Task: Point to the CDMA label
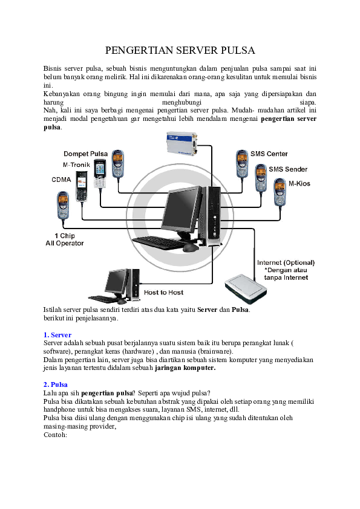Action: [61, 180]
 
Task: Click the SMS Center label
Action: [269, 154]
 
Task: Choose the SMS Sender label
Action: [287, 169]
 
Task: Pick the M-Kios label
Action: [300, 183]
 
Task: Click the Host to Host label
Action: [163, 293]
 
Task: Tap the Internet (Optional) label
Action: [286, 262]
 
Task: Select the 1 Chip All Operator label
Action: [65, 239]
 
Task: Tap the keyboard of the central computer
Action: [158, 242]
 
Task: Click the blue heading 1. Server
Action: [57, 334]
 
